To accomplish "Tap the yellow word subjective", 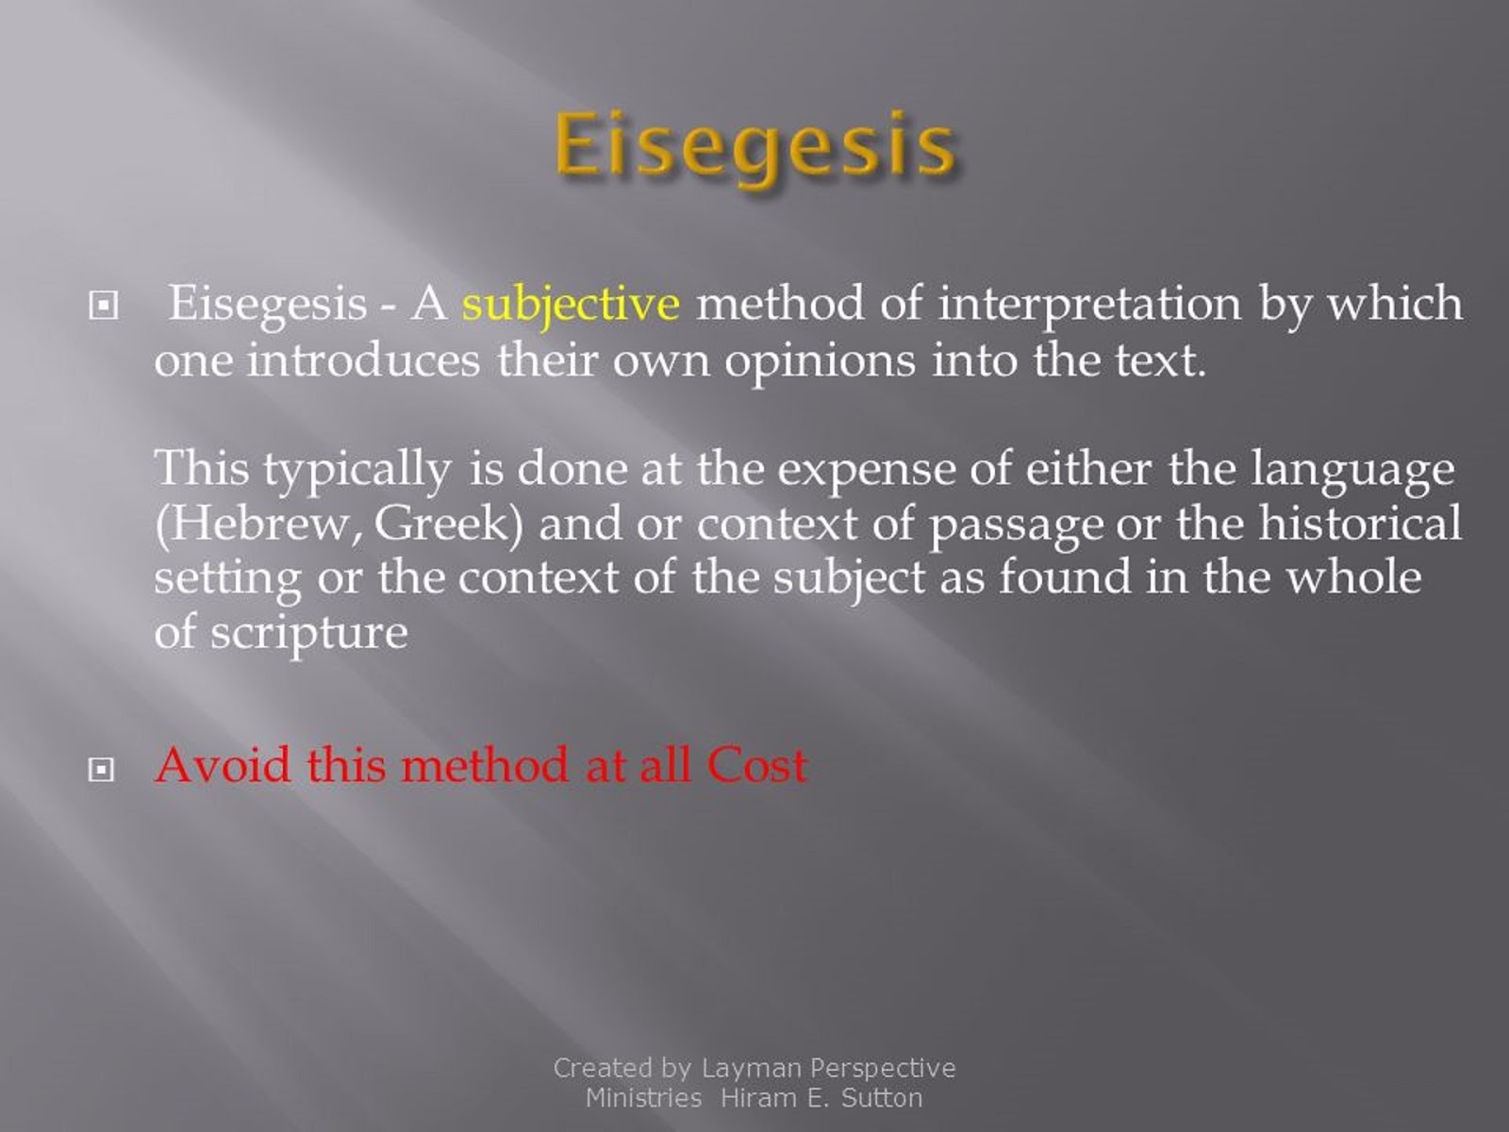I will tap(571, 305).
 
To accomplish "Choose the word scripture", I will tap(308, 632).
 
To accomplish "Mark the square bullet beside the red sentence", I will tap(100, 771).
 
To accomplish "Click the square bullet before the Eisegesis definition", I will tap(100, 307).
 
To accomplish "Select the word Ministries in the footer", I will tap(643, 1098).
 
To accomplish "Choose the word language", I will tap(1352, 469).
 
